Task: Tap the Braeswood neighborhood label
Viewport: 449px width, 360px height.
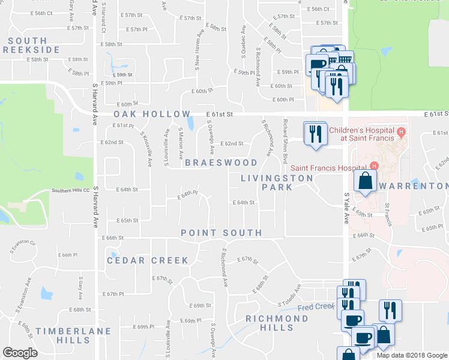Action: click(221, 163)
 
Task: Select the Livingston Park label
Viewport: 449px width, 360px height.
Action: click(277, 182)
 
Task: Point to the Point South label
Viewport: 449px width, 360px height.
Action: click(221, 233)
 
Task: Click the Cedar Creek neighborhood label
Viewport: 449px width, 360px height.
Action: click(148, 260)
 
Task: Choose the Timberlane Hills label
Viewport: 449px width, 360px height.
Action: click(73, 335)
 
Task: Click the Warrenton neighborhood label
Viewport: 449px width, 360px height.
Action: click(414, 186)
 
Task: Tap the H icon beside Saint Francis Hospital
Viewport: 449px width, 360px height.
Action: click(375, 166)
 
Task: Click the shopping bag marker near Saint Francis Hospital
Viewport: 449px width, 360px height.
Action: click(364, 180)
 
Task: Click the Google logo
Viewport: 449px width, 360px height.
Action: click(20, 353)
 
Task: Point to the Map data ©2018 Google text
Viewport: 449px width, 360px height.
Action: click(411, 355)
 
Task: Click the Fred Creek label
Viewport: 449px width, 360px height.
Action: click(315, 307)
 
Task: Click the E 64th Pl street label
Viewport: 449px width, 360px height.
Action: click(188, 194)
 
